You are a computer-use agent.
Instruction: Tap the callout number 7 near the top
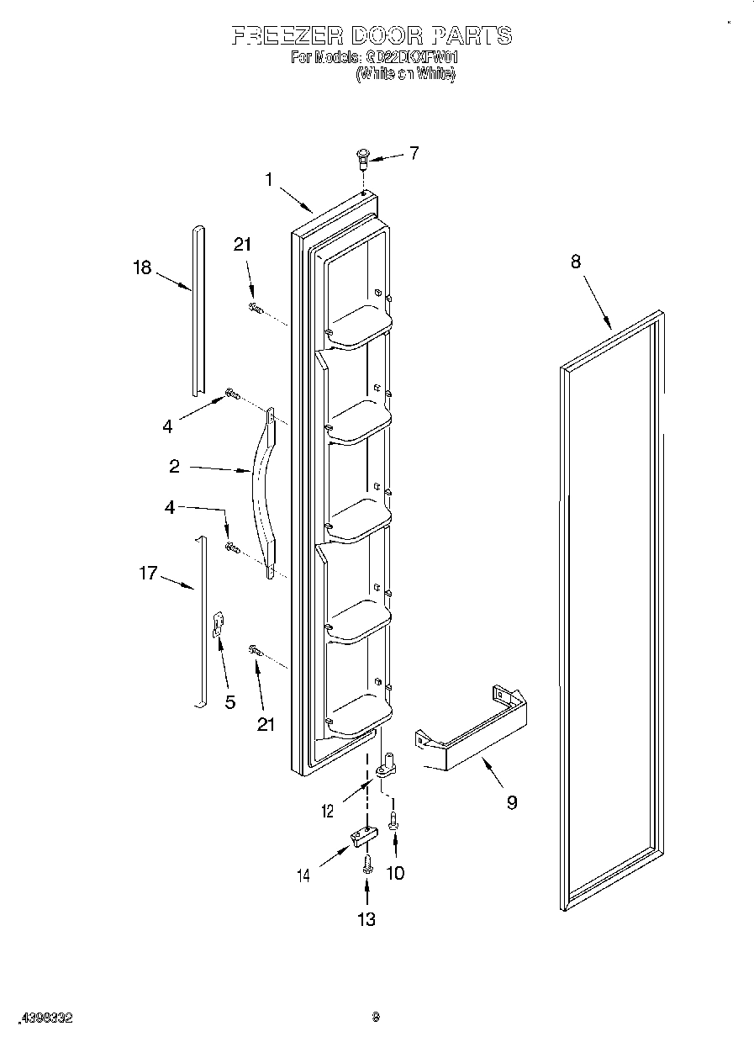click(x=414, y=153)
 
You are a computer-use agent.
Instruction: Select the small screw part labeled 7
click(x=363, y=156)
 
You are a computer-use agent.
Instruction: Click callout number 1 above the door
click(x=269, y=179)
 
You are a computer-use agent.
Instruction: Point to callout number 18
click(x=142, y=267)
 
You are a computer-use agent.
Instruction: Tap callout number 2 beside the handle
click(x=174, y=466)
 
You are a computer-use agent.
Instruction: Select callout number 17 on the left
click(x=148, y=574)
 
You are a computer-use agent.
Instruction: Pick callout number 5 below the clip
click(x=229, y=701)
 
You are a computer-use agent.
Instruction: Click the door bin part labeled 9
click(x=475, y=728)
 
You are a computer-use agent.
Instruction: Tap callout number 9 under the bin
click(x=511, y=802)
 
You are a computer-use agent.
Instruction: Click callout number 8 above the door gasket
click(x=575, y=262)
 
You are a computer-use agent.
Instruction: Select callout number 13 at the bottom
click(x=366, y=919)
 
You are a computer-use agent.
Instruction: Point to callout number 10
click(x=394, y=873)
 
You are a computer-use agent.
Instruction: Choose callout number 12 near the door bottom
click(x=327, y=811)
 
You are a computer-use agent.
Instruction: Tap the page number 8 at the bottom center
click(x=377, y=1017)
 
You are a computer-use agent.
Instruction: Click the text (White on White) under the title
click(x=405, y=74)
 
